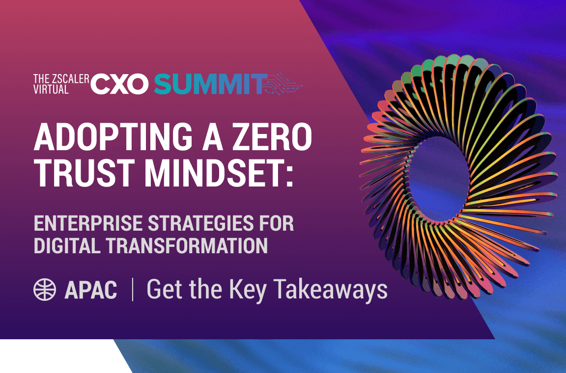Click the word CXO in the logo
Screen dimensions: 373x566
tap(119, 84)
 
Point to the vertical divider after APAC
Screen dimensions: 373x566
tap(132, 290)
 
